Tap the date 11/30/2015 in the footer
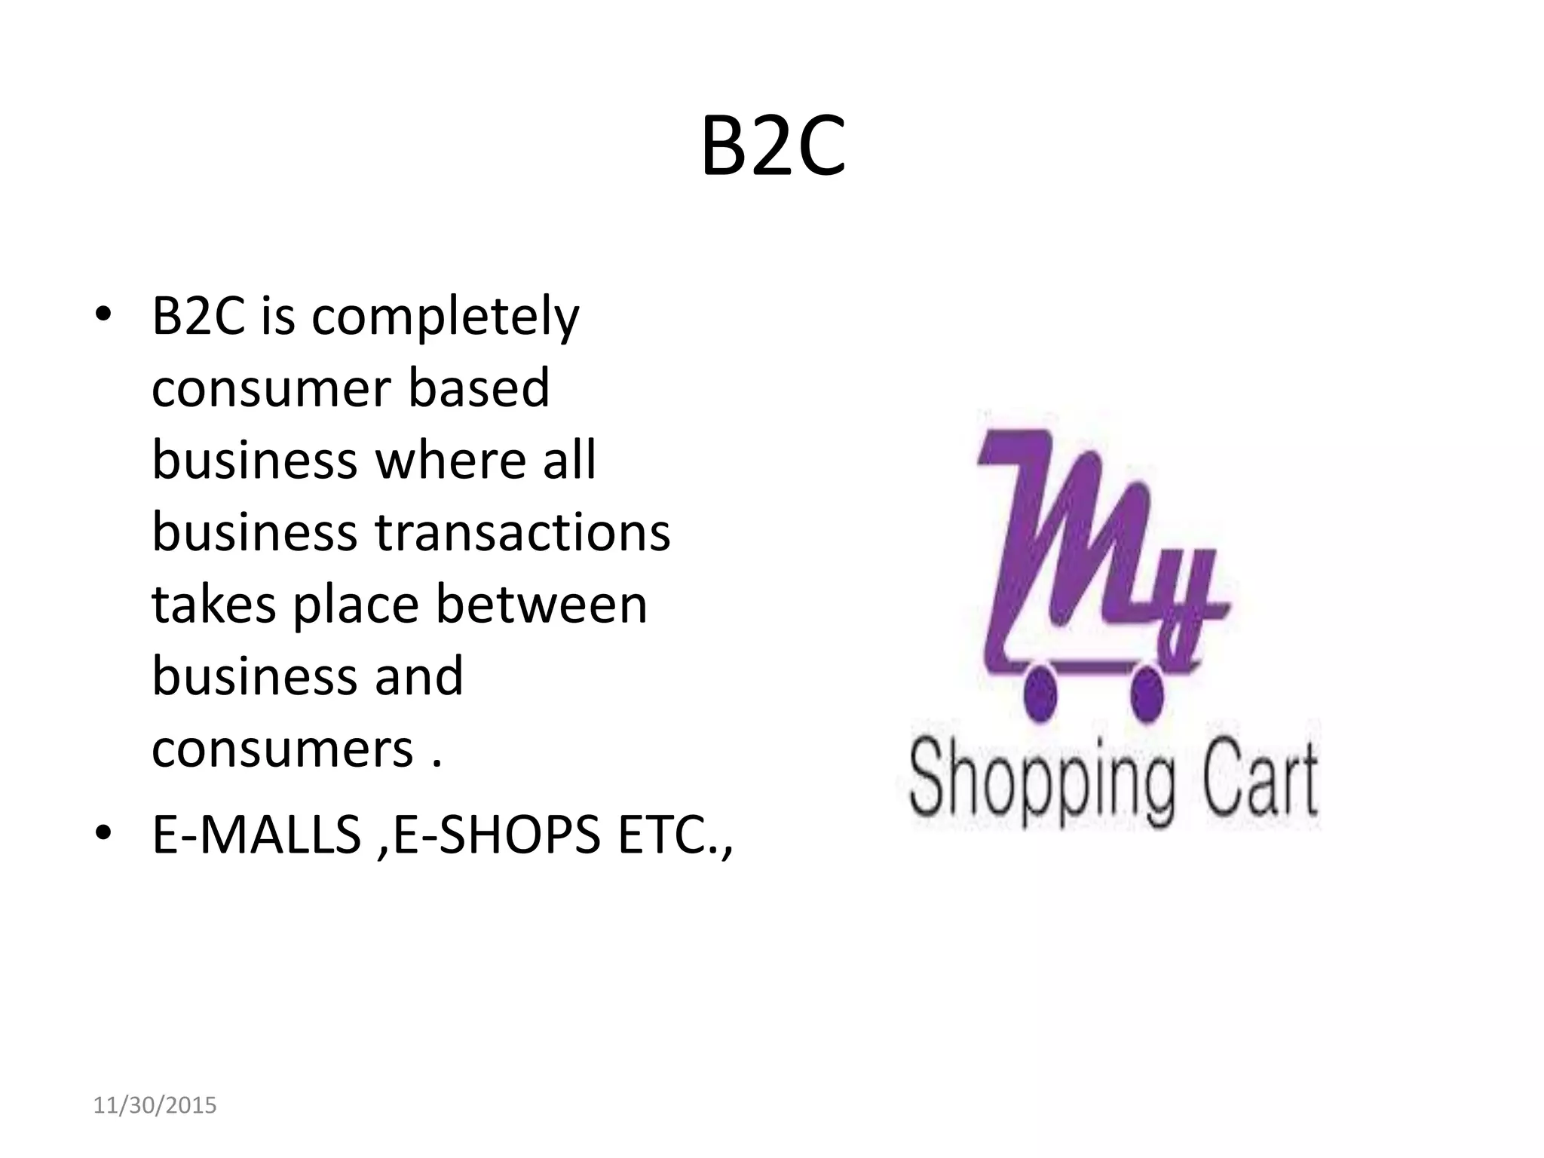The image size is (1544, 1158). (155, 1106)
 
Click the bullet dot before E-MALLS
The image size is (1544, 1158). (103, 833)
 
